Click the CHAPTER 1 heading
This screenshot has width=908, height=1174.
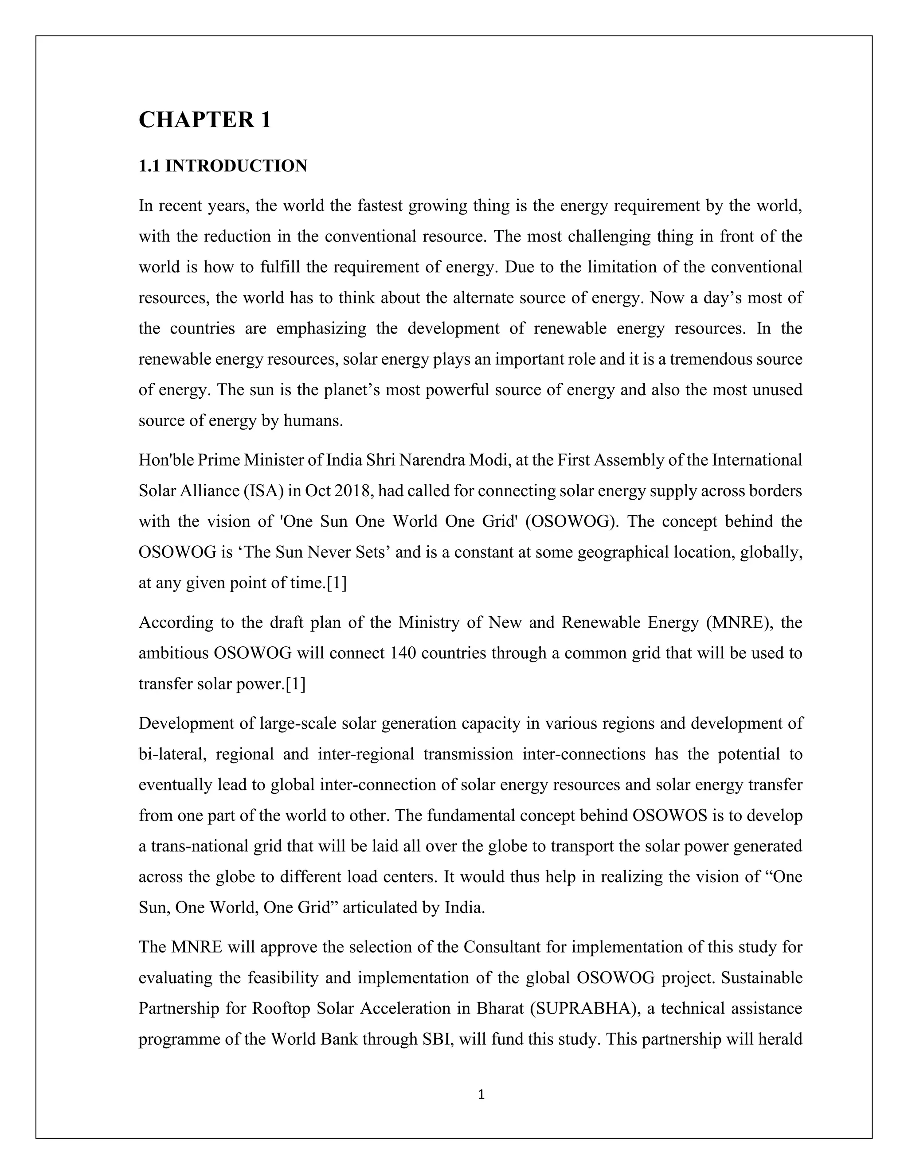coord(204,119)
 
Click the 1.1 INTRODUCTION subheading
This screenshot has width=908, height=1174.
coord(223,166)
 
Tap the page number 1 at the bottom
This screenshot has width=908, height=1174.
coord(481,1094)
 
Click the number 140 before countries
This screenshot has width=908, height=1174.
coord(403,653)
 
